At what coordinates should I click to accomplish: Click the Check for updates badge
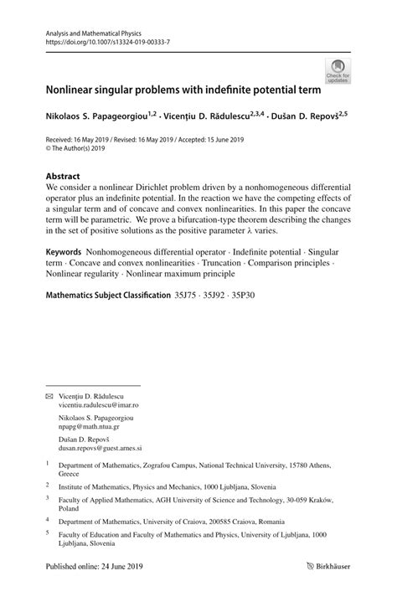[338, 70]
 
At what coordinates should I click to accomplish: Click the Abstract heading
[63, 177]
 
